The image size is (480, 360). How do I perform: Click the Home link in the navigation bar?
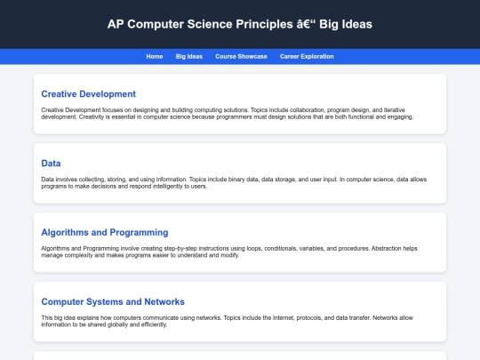coord(155,56)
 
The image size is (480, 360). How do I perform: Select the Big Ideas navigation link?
coord(189,56)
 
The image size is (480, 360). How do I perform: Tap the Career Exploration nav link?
coord(307,56)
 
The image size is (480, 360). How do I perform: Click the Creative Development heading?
coord(88,93)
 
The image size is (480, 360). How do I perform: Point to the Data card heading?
coord(51,163)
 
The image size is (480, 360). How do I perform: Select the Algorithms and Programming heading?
coord(104,232)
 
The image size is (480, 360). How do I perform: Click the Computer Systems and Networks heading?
coord(113,301)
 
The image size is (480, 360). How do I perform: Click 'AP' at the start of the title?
coord(116,23)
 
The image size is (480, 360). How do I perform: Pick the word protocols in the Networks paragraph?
coord(278,317)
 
